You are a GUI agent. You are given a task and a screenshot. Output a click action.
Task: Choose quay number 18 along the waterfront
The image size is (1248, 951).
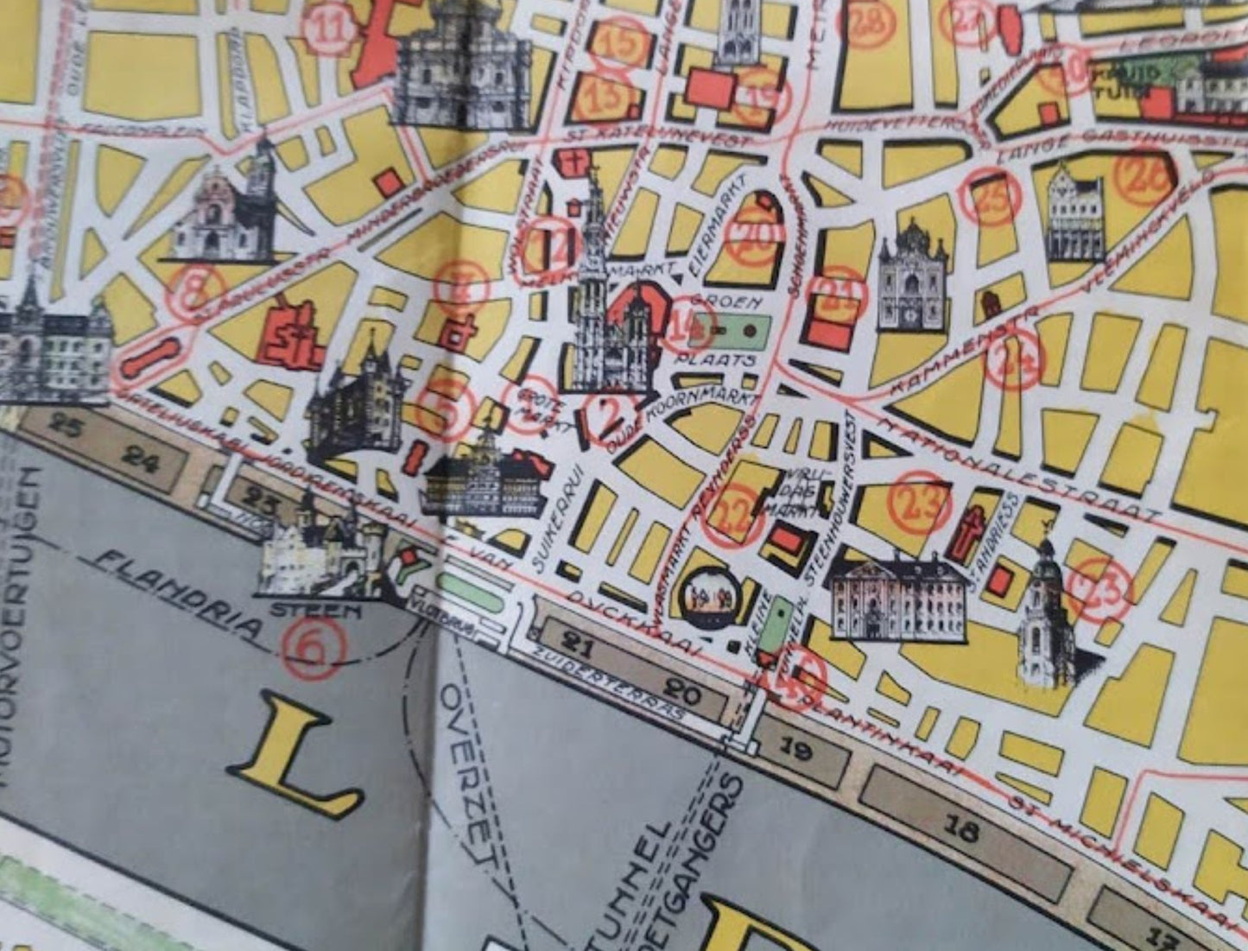click(961, 829)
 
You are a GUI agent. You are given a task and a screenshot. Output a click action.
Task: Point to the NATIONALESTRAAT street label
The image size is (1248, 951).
click(1019, 472)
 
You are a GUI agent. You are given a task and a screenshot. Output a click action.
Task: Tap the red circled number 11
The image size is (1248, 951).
click(328, 28)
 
